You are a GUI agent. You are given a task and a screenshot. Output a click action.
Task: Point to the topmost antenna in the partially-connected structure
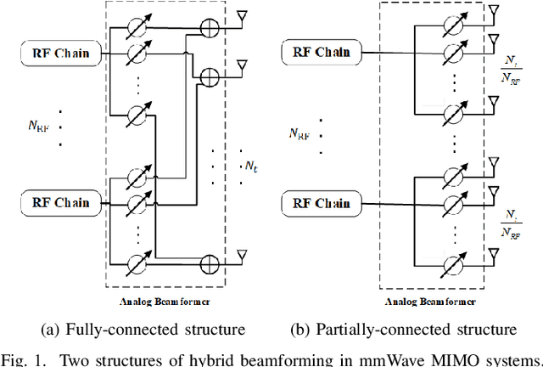[x=494, y=10]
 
